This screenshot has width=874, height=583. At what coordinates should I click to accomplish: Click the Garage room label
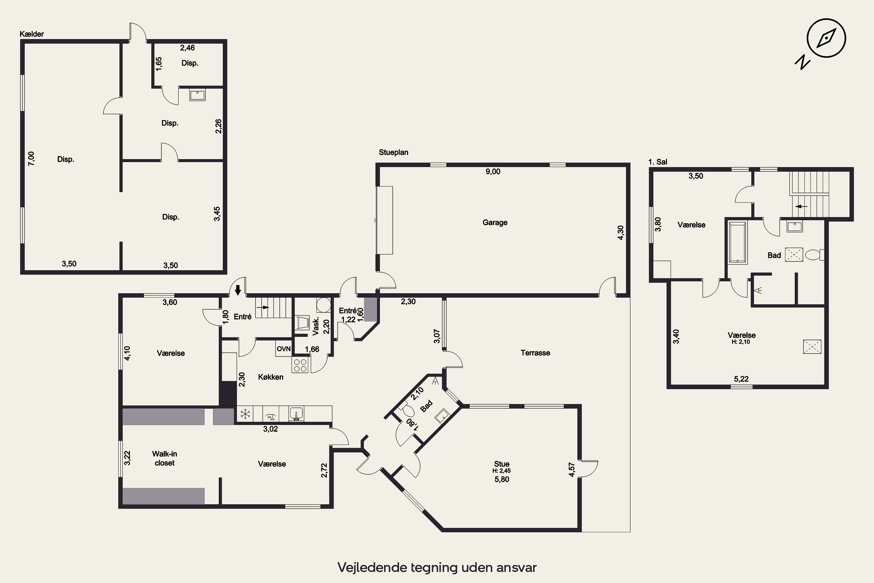tap(495, 222)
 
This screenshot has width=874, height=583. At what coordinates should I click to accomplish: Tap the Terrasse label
tap(535, 353)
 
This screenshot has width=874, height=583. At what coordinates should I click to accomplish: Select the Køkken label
tap(271, 377)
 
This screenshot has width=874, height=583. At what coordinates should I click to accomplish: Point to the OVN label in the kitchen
tap(283, 349)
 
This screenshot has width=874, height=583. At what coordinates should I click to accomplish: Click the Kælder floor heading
tap(31, 34)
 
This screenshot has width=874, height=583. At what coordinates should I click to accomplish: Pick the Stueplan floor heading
tap(394, 152)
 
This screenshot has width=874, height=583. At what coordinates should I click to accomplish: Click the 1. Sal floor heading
tap(658, 162)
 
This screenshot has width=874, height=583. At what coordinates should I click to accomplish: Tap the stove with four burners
tap(300, 365)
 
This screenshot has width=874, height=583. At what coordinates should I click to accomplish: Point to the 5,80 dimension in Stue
tap(502, 479)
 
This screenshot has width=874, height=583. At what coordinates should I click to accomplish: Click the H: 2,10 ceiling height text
tap(741, 342)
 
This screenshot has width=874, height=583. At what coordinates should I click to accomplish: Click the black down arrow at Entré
tap(238, 290)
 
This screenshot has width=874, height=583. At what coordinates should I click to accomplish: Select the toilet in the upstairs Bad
tap(815, 255)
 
